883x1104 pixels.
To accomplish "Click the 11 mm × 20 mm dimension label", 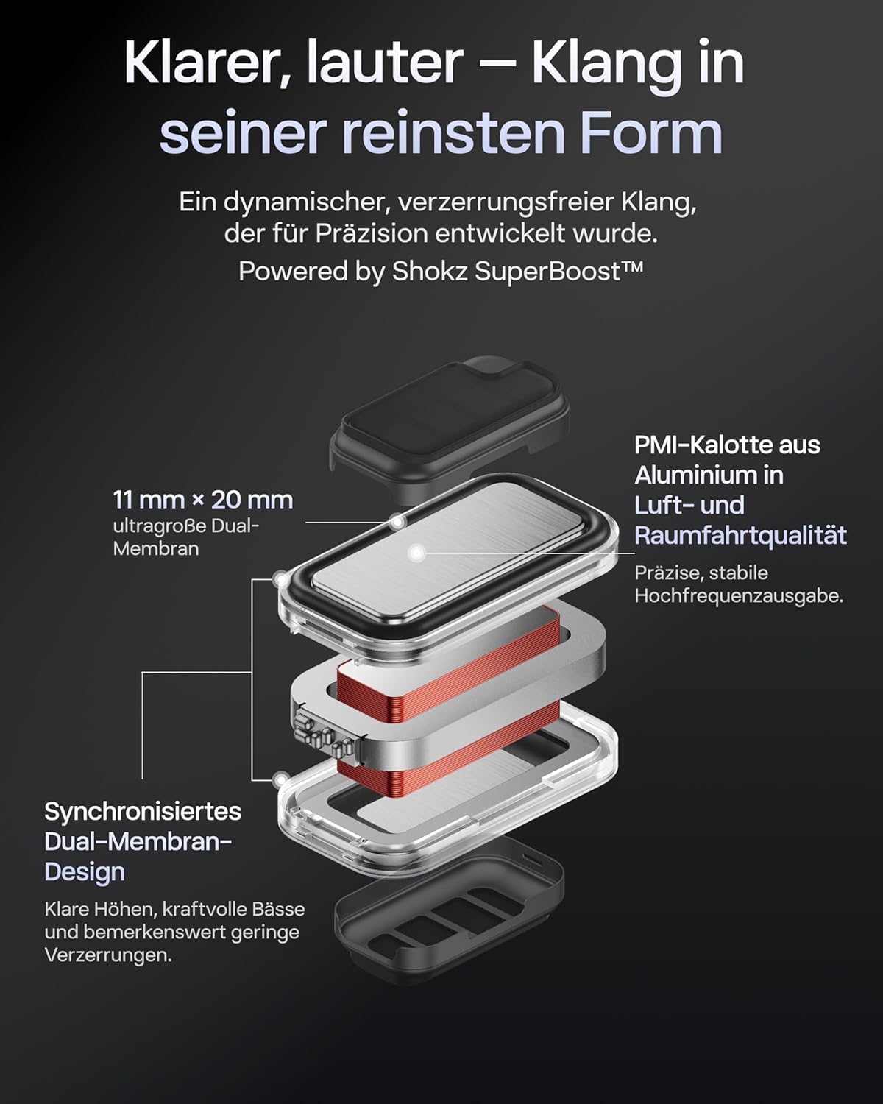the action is point(202,500).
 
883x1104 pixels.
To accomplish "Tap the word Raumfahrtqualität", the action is point(740,536).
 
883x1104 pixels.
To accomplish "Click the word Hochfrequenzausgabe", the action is point(739,596).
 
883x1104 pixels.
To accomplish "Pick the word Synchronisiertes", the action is point(143,812).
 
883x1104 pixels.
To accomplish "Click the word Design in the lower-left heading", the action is point(85,871).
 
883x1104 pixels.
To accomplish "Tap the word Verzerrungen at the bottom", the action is point(107,955).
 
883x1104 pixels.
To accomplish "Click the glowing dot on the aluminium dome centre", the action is point(416,553).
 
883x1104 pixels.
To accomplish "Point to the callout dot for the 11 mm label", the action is point(397,523).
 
